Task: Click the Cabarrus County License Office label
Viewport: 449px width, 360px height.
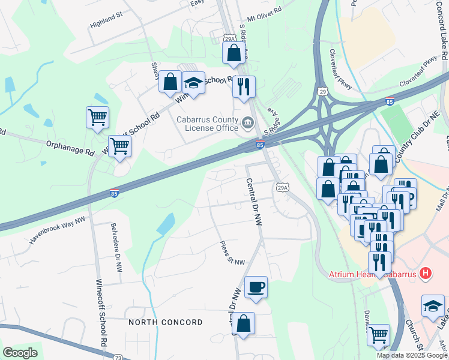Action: click(x=206, y=123)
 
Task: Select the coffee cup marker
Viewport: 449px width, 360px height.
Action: click(x=256, y=286)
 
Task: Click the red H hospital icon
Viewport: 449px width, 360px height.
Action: click(x=426, y=274)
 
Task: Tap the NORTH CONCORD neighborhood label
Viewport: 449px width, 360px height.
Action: click(x=166, y=322)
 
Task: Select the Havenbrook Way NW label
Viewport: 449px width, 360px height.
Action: click(x=58, y=230)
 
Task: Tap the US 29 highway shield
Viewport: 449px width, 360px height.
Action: click(x=322, y=91)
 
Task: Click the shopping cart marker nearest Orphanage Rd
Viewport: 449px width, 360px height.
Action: click(x=119, y=145)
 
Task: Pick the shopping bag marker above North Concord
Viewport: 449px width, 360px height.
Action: click(x=243, y=323)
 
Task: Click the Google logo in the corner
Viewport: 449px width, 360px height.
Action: click(x=20, y=352)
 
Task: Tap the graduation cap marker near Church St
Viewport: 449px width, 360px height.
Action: click(x=433, y=306)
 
